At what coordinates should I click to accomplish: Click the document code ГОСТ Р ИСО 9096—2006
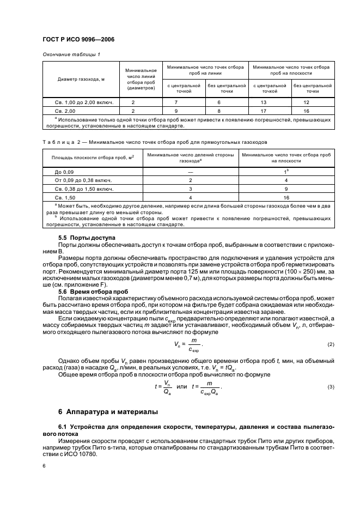[78, 39]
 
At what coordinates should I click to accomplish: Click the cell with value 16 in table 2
[286, 197]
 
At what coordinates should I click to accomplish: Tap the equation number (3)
[331, 387]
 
